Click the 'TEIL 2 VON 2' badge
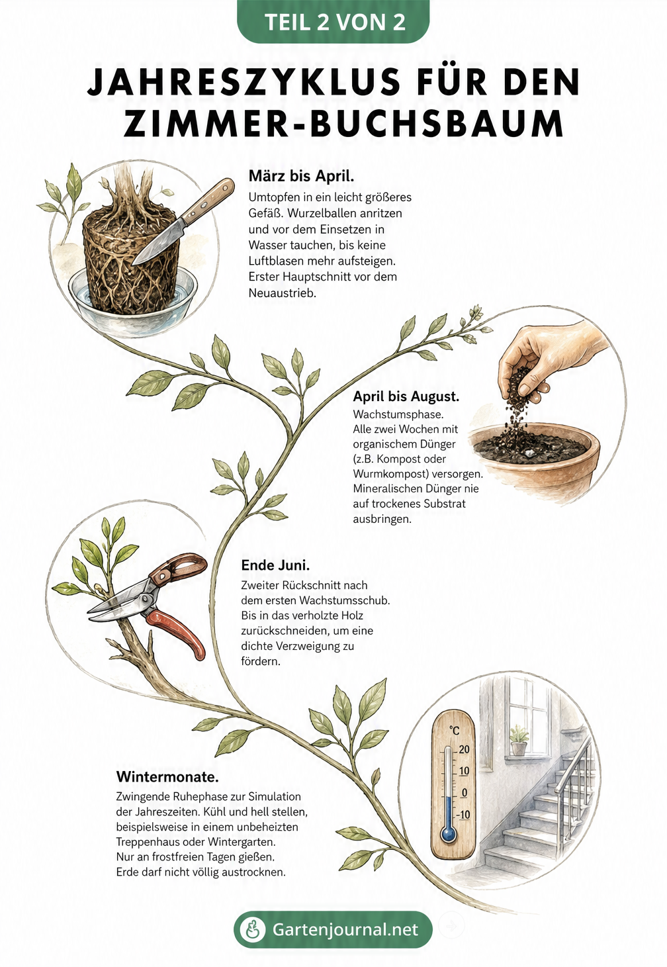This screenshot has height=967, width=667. point(333,22)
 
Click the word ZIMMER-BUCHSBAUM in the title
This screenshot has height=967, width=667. point(344,124)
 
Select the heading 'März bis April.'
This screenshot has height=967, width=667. point(301,175)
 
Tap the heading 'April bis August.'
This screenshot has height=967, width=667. point(406,396)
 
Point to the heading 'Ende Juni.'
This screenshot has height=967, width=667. point(275,565)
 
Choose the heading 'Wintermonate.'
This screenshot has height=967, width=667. point(167,776)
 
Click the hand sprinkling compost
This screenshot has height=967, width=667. point(549,358)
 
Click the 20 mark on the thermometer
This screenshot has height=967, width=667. point(464,749)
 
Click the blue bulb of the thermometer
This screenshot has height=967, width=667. point(449,834)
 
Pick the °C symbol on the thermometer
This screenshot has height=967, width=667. point(454,729)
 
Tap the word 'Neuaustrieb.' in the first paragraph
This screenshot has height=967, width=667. point(283,293)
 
